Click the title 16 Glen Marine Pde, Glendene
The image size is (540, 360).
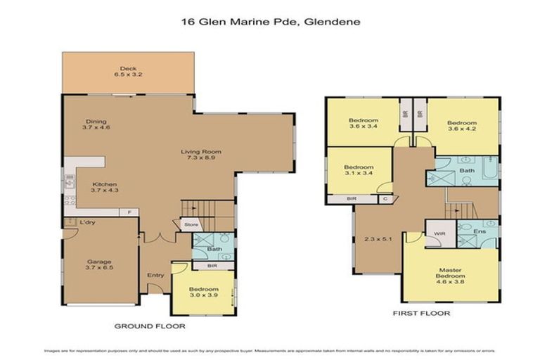270,22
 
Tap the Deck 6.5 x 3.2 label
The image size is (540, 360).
127,71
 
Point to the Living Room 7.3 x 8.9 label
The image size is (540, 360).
202,155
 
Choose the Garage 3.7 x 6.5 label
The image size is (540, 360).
98,265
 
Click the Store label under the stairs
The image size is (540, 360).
191,225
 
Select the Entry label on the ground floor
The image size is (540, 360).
154,275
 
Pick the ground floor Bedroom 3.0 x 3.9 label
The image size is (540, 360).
204,292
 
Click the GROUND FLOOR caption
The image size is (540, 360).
149,326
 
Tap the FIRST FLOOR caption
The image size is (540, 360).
423,313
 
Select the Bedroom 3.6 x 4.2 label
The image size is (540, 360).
462,126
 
